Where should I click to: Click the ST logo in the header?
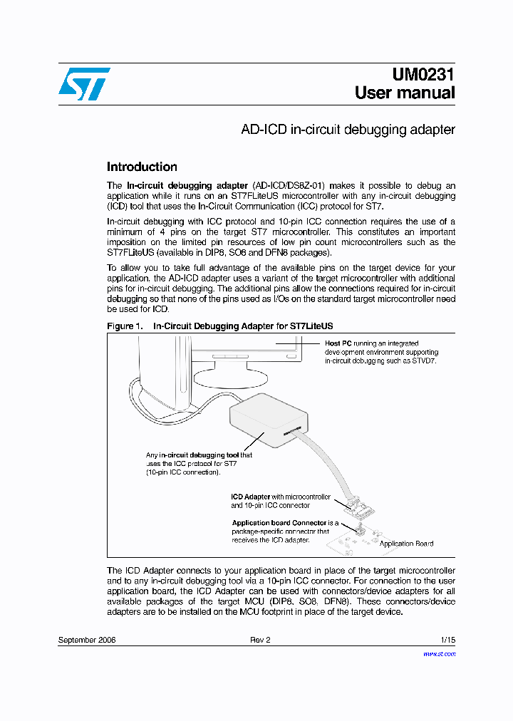tap(84, 84)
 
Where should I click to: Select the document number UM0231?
tap(423, 75)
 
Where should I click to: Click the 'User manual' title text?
tap(405, 93)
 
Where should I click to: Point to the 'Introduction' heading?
tap(142, 167)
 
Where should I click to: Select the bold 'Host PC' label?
tap(338, 343)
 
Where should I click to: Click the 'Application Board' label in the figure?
tap(406, 544)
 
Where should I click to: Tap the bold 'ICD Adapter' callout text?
tap(251, 497)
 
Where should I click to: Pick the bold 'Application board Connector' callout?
tap(280, 523)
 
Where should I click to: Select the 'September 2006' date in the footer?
tap(86, 640)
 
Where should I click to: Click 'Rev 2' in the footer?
tap(260, 640)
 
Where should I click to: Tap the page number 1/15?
tap(447, 640)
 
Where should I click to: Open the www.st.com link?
tap(439, 653)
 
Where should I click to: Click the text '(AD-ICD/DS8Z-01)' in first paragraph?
tap(291, 185)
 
